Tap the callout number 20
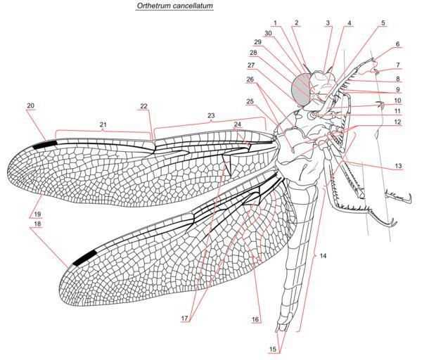tap(31, 105)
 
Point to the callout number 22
tap(143, 106)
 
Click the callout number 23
tap(210, 114)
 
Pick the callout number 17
tap(185, 319)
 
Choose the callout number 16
tap(255, 319)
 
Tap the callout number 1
tap(275, 22)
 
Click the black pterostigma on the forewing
tap(45, 143)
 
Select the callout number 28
tap(253, 52)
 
